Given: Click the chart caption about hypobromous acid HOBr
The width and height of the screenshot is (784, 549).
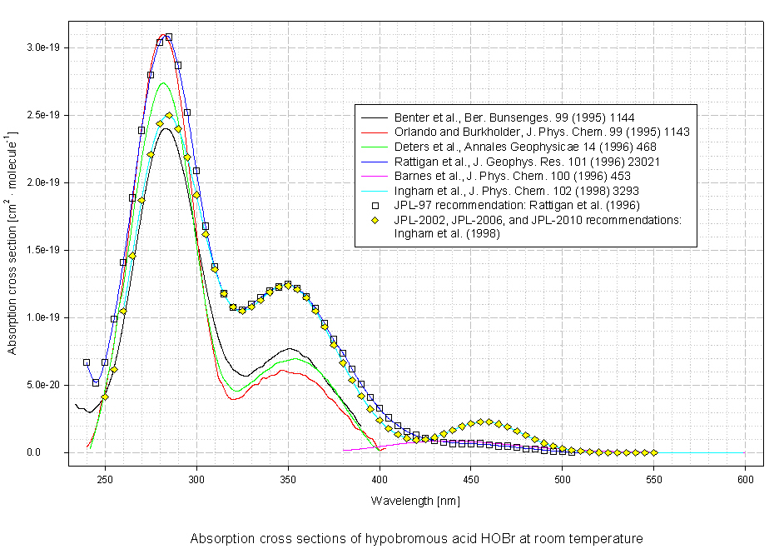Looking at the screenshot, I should (416, 538).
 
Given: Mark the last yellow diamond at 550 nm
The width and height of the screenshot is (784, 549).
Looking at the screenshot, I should (654, 452).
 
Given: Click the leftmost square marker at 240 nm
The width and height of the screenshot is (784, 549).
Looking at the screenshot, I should (86, 362).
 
